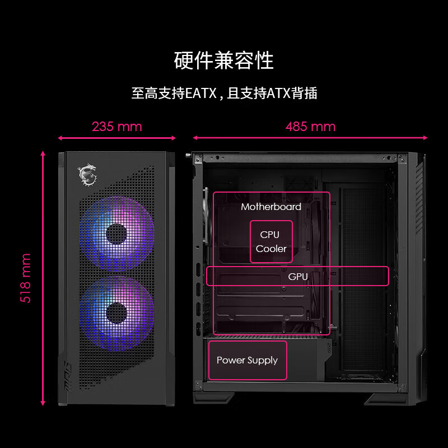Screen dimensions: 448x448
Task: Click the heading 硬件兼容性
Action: [x=223, y=60]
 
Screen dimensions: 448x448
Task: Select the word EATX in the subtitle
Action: [x=200, y=93]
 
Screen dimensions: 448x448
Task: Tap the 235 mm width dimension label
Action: [x=117, y=126]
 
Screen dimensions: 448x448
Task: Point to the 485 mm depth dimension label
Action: [x=310, y=126]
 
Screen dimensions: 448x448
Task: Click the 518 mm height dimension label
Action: [x=26, y=278]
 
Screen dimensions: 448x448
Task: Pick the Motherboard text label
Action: [x=271, y=207]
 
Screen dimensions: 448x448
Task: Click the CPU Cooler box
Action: [x=271, y=241]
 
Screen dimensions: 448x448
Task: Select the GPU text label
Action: [x=298, y=276]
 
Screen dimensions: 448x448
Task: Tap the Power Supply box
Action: [x=247, y=360]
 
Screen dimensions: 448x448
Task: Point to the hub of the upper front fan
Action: [x=116, y=234]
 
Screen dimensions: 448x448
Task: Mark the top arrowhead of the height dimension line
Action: [x=43, y=152]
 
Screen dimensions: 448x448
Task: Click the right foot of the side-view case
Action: [x=386, y=399]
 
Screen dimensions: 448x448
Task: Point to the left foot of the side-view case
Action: [x=215, y=398]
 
